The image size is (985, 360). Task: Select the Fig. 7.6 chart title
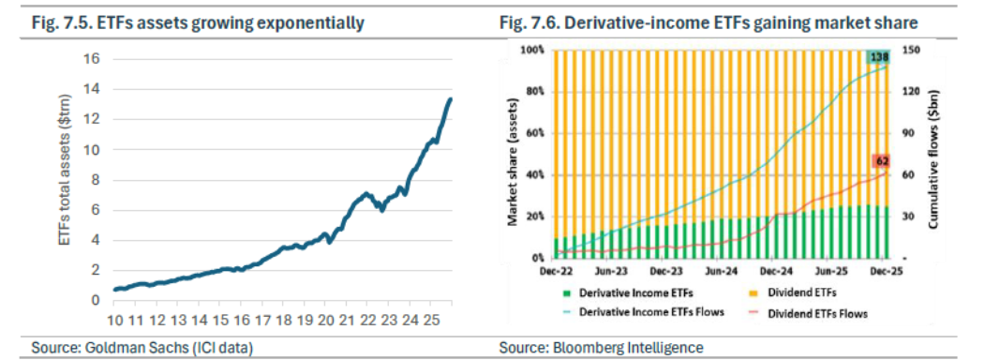(x=709, y=23)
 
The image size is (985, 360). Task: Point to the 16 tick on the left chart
(x=92, y=59)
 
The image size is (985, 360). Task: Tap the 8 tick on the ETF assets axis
(x=96, y=180)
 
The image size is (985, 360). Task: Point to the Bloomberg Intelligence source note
(x=602, y=347)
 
